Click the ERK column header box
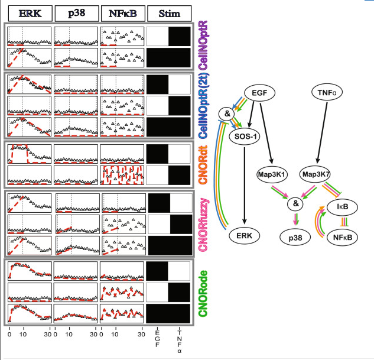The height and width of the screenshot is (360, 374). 30,14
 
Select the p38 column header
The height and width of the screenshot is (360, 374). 77,14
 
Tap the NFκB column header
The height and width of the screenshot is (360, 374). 123,14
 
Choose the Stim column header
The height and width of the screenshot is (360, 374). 170,14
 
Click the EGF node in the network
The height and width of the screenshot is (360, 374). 260,93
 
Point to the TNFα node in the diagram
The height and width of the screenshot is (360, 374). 327,92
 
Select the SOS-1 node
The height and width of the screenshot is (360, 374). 244,137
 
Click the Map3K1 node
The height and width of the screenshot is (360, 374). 272,174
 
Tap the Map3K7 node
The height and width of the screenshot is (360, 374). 316,174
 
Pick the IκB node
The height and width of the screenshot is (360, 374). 342,206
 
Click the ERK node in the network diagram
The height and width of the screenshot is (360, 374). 244,236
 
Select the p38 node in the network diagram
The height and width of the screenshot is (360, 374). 295,238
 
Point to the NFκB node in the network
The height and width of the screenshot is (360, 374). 342,238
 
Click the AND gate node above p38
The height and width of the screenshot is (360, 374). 295,203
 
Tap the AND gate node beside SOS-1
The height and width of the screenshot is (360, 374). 227,114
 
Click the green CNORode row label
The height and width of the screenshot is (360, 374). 203,293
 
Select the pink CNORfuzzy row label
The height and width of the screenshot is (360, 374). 203,225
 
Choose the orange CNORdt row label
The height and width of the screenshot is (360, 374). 203,164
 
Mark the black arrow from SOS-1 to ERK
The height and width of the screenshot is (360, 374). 244,186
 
